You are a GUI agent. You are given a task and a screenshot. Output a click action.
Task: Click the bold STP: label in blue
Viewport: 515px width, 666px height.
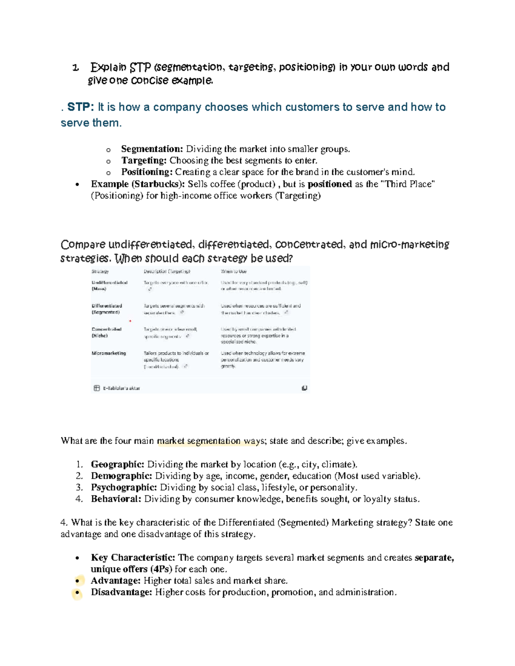click(80, 107)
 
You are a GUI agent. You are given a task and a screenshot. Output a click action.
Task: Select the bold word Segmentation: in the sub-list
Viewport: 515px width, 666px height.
click(152, 149)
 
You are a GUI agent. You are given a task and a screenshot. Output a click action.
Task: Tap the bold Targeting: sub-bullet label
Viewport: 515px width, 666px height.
click(144, 160)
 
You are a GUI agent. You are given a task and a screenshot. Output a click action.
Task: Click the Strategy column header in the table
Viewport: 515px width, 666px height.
click(100, 271)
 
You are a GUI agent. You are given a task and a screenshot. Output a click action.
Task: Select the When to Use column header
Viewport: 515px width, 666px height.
click(233, 271)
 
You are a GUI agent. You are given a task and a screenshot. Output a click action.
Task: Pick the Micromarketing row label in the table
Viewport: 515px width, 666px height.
click(109, 353)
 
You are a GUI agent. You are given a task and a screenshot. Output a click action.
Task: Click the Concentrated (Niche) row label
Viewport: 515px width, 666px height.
click(106, 332)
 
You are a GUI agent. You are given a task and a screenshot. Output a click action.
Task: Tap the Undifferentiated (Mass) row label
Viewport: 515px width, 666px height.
click(109, 286)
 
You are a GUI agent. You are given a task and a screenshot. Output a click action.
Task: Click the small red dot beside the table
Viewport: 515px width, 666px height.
click(130, 321)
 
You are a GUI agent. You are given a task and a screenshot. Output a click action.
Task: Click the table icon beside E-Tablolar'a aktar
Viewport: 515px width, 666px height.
click(97, 388)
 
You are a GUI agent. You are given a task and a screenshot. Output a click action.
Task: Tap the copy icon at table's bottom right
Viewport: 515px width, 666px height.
click(304, 388)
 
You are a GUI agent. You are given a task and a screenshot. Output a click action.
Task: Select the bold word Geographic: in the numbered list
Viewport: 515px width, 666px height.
click(117, 464)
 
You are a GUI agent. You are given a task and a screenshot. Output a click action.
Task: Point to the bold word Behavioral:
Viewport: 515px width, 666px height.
click(116, 499)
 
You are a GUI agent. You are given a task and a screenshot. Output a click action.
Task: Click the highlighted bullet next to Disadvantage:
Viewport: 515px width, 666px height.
click(77, 593)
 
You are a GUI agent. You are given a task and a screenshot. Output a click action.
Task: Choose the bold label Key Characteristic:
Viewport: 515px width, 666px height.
click(133, 558)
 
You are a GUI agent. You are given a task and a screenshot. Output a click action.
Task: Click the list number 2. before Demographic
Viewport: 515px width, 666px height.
click(79, 476)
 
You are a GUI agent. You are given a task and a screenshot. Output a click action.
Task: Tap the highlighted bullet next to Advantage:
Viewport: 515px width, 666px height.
click(77, 581)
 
